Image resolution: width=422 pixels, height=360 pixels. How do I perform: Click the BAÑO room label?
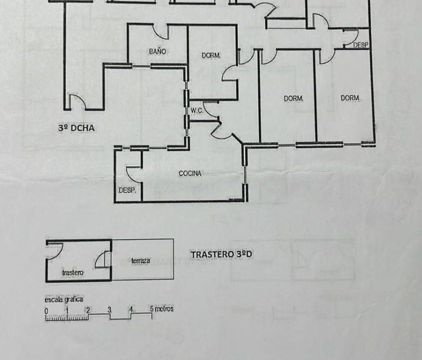(158, 51)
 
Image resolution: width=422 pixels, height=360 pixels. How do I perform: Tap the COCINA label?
(190, 173)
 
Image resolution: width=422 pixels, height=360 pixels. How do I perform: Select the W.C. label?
(197, 110)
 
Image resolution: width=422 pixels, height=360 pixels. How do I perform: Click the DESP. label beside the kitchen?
(127, 190)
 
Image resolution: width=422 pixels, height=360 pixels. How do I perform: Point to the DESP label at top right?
(360, 45)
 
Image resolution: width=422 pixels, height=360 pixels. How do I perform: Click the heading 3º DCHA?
(77, 127)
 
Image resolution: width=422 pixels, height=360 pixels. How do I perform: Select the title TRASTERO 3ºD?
(221, 254)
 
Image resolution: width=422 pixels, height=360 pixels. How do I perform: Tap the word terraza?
(141, 260)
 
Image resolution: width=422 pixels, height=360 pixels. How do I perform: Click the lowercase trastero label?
(73, 272)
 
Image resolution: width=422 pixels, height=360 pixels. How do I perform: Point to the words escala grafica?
(64, 299)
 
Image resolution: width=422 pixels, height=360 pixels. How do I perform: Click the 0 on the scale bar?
(46, 311)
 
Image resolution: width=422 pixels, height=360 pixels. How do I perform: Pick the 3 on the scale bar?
(110, 309)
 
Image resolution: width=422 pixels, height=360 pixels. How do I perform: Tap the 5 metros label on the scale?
(162, 308)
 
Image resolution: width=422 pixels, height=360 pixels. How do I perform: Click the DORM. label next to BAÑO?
(211, 55)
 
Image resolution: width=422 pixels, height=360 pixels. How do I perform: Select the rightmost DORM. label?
(350, 98)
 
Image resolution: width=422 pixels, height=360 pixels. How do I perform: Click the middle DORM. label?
(293, 98)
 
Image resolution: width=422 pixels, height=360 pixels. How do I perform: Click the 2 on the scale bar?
(88, 310)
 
